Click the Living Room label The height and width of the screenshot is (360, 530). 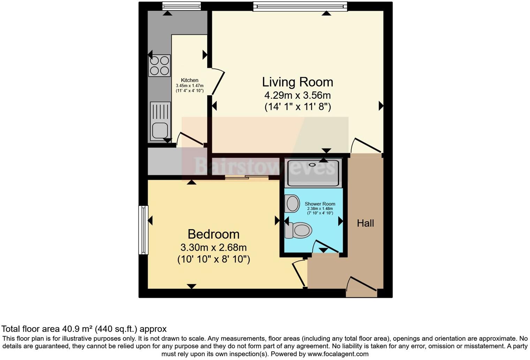point(297,82)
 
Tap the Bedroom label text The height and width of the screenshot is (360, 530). point(213,234)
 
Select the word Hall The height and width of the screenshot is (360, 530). point(365,223)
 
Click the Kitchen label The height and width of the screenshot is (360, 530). point(189,80)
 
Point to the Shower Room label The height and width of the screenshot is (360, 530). point(320,204)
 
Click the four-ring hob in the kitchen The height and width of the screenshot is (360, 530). point(160,66)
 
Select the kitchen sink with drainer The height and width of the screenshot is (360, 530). point(160,121)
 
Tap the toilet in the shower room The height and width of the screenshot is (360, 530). point(298,230)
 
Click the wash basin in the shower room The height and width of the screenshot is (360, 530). point(292,203)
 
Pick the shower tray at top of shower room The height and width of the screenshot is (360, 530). point(313,173)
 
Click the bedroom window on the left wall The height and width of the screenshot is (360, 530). point(143,230)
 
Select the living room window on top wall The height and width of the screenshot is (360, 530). point(300,6)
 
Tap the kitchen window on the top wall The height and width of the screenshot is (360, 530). point(181,6)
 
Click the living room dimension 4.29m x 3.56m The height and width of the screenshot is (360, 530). point(297,95)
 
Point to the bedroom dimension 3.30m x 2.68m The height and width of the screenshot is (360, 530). point(213,247)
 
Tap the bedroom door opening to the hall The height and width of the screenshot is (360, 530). point(299,273)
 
